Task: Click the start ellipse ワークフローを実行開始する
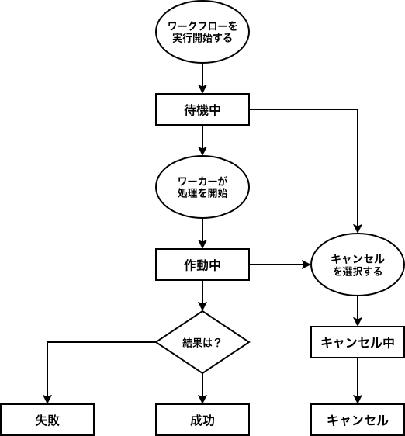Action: tap(202, 32)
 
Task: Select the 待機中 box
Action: tap(202, 109)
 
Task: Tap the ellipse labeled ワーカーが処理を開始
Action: tap(202, 187)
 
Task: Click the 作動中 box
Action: tap(202, 265)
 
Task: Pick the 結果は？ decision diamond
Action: tap(202, 342)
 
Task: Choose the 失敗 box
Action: tap(47, 420)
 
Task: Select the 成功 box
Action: tap(202, 420)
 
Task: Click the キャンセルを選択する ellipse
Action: tap(358, 265)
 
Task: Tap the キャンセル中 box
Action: tap(358, 342)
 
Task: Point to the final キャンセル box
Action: tap(358, 420)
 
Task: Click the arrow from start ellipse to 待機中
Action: tap(202, 78)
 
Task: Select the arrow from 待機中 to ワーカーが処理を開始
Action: tap(202, 140)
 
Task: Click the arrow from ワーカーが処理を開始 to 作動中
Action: tap(202, 234)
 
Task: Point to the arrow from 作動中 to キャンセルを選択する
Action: tap(279, 265)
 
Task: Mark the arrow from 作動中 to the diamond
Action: tap(202, 296)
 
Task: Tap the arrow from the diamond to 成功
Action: tap(202, 389)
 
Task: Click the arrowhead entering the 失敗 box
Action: tap(47, 399)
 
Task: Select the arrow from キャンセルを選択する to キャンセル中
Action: tap(358, 311)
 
